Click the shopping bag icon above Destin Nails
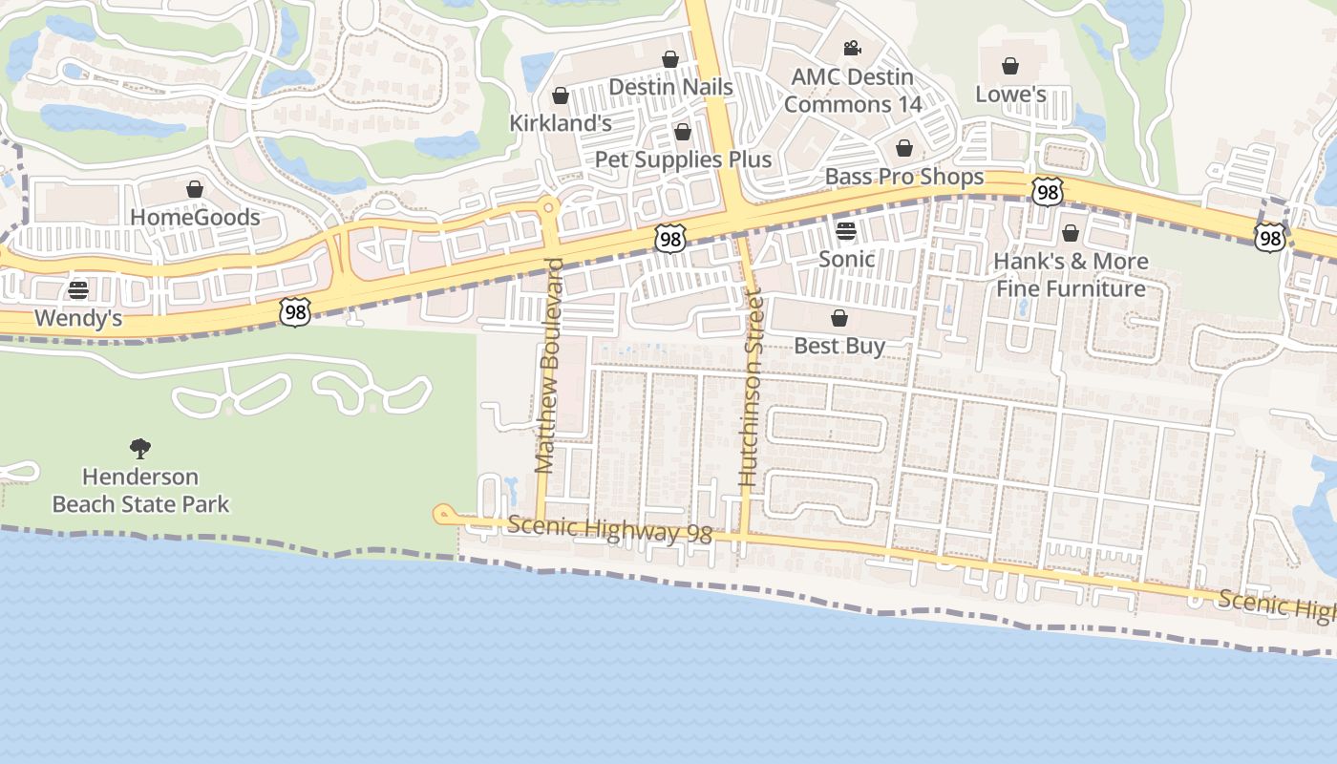[670, 59]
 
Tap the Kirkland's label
[560, 123]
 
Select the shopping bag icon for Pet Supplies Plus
[682, 132]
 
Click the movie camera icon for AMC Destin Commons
[852, 49]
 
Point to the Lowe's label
[1010, 95]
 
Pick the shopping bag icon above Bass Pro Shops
[903, 148]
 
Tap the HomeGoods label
[195, 217]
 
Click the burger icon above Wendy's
[78, 289]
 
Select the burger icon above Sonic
[846, 230]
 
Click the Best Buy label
[839, 346]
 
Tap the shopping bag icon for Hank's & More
[1071, 233]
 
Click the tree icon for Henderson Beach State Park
[140, 448]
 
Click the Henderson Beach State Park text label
[140, 490]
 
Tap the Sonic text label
[846, 259]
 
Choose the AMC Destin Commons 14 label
[853, 91]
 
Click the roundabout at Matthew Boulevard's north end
[548, 205]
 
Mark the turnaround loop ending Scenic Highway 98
[443, 515]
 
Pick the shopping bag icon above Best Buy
[839, 318]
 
